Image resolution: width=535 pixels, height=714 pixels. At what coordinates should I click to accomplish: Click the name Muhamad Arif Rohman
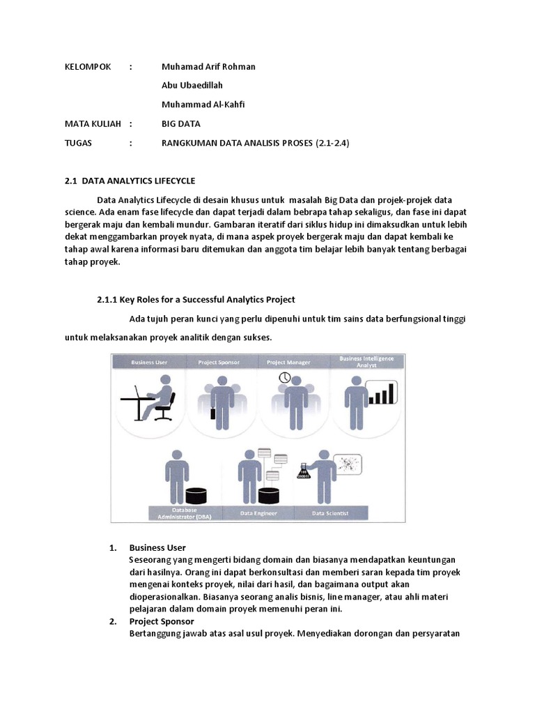click(x=208, y=67)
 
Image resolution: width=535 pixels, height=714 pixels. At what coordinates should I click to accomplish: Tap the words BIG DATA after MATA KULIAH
click(x=181, y=124)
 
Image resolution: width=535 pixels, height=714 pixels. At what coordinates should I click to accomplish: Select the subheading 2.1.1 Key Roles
click(x=196, y=300)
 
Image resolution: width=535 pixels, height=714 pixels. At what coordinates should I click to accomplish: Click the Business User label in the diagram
click(x=148, y=362)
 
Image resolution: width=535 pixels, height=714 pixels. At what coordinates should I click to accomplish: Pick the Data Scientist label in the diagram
click(x=330, y=514)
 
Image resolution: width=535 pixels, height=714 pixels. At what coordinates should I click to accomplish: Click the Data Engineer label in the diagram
click(x=258, y=514)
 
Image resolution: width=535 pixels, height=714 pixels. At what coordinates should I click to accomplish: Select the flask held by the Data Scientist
click(x=303, y=473)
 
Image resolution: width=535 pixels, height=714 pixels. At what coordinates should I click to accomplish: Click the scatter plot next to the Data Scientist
click(x=351, y=464)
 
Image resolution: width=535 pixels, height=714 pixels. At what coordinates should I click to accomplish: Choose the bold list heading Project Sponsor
click(x=162, y=621)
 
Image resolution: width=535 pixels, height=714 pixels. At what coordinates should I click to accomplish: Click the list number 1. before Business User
click(x=113, y=547)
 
